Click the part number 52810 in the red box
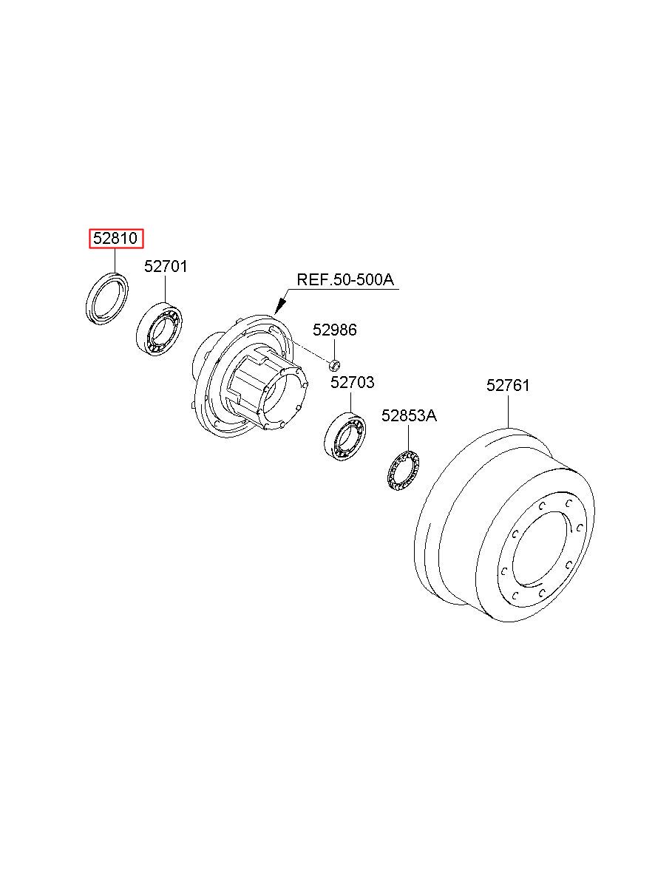[x=115, y=239]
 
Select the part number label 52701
[x=166, y=266]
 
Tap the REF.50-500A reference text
[x=345, y=279]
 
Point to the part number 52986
[x=334, y=330]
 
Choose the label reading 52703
[x=352, y=382]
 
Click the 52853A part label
[x=409, y=416]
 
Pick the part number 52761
[x=508, y=386]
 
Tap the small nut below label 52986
[x=334, y=364]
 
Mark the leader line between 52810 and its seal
[x=115, y=259]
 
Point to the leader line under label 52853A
[x=408, y=438]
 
